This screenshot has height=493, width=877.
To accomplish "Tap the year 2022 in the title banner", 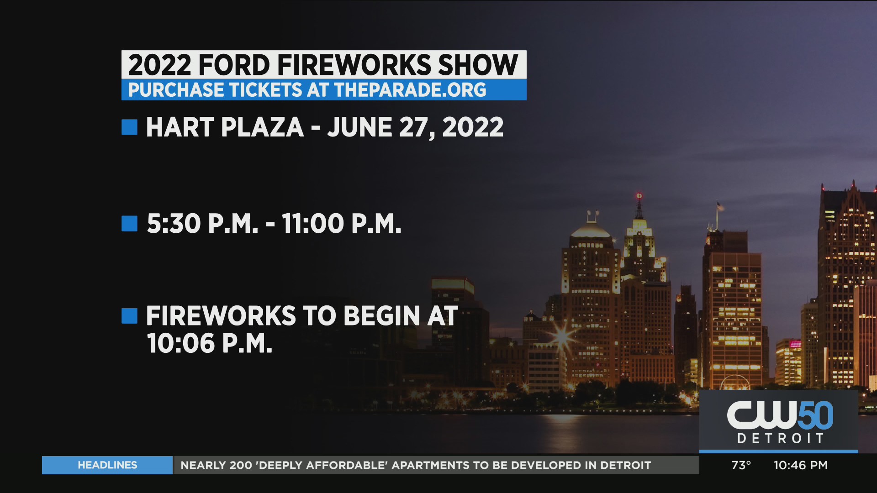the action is click(x=160, y=65).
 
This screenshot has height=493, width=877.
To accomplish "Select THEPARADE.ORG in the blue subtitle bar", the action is click(x=410, y=90).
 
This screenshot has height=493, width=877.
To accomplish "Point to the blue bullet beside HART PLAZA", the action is click(x=129, y=127).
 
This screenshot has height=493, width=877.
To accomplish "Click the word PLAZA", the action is click(x=262, y=127).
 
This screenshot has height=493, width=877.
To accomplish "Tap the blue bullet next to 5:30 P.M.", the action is click(x=129, y=224).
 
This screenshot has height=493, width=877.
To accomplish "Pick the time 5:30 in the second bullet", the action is click(x=174, y=224).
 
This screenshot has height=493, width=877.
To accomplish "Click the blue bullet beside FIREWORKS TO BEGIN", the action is click(x=129, y=316).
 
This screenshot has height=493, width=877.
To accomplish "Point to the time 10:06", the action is click(x=181, y=343).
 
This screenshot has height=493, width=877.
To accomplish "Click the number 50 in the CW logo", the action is click(x=816, y=415).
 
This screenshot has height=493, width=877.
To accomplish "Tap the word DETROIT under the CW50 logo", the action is click(x=781, y=439).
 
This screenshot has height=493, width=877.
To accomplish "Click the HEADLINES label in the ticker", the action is click(x=107, y=465).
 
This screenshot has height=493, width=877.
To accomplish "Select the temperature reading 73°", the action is click(x=741, y=465).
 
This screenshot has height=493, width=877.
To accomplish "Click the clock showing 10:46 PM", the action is click(x=801, y=465).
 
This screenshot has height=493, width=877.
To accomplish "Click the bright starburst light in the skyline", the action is click(x=563, y=337).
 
